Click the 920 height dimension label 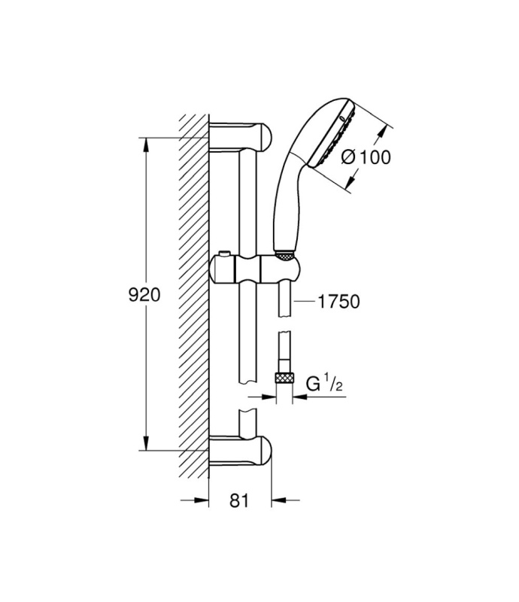click(144, 295)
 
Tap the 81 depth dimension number click(239, 500)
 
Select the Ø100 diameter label click(366, 157)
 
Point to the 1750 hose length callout click(339, 302)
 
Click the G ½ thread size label click(324, 383)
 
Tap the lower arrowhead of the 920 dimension click(146, 442)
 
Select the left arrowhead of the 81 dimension click(202, 500)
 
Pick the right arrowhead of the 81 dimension click(279, 500)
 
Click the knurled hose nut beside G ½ click(284, 378)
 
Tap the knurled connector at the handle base click(284, 255)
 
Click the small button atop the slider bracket click(224, 254)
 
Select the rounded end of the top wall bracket click(266, 137)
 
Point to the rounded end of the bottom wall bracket click(266, 449)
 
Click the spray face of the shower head click(332, 135)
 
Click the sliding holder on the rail click(255, 269)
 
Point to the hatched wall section click(194, 296)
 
